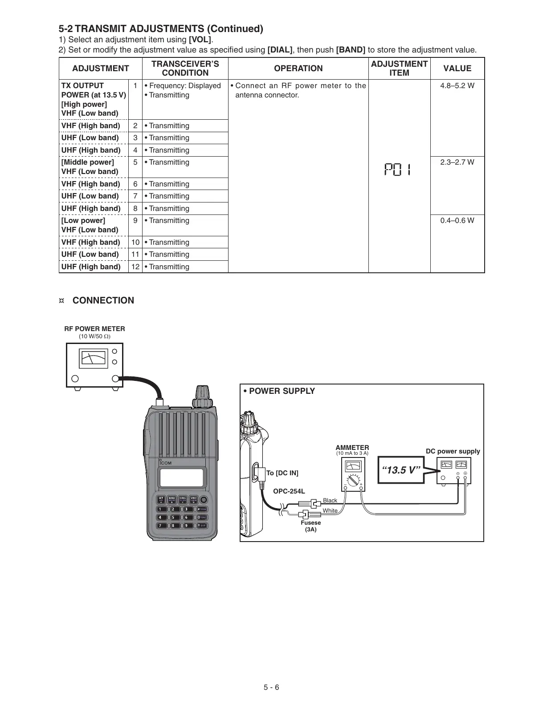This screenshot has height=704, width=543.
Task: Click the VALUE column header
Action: click(x=457, y=69)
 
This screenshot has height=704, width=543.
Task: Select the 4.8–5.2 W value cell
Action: click(x=457, y=86)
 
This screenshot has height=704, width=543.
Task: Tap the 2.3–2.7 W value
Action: click(x=457, y=162)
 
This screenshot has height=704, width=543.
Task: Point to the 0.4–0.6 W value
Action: click(x=457, y=221)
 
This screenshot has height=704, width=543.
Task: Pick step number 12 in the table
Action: click(x=135, y=267)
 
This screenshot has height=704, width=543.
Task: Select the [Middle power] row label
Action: click(x=88, y=162)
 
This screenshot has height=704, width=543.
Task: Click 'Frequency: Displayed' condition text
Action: click(x=184, y=86)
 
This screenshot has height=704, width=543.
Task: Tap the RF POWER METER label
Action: click(x=94, y=329)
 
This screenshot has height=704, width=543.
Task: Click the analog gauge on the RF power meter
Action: click(x=94, y=358)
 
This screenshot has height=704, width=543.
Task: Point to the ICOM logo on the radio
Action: click(x=166, y=462)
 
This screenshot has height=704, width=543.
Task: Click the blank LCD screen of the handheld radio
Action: click(x=183, y=477)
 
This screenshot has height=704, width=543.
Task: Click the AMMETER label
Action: click(x=352, y=448)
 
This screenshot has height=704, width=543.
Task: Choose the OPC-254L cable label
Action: click(x=289, y=491)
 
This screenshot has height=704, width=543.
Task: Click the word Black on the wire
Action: click(x=330, y=501)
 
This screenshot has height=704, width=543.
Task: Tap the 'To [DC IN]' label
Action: click(x=282, y=473)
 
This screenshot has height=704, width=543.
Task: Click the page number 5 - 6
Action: click(x=271, y=687)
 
